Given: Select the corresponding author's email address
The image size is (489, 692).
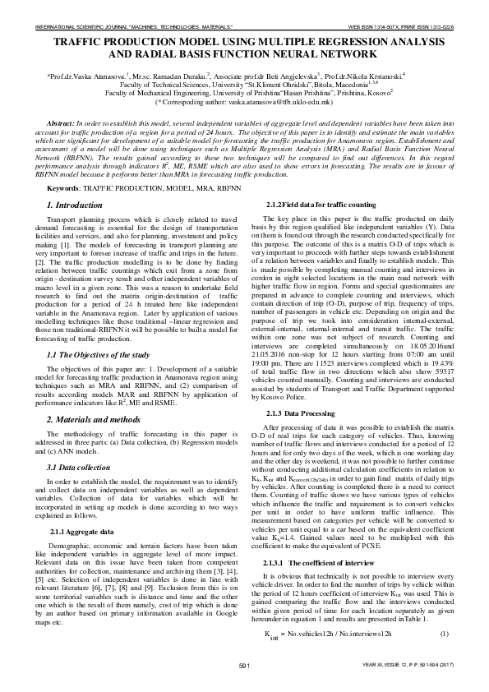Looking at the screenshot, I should [x=281, y=102].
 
